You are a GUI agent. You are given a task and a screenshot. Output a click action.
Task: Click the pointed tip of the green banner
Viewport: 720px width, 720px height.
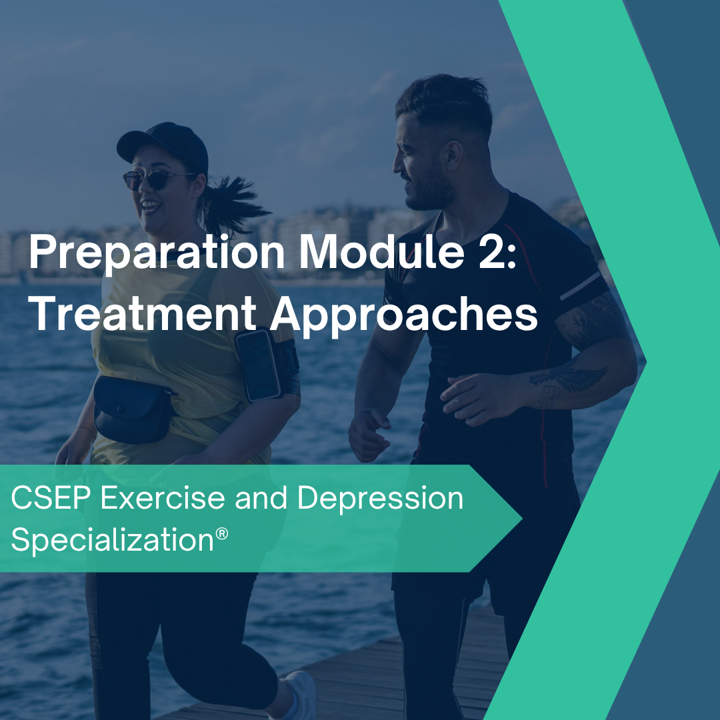(x=520, y=519)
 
